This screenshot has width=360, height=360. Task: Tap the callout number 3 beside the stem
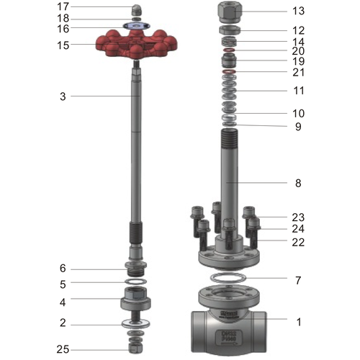click(x=63, y=96)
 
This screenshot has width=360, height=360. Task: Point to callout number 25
click(x=63, y=350)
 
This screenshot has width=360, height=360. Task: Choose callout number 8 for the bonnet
click(x=298, y=183)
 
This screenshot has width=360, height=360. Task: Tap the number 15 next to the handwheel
click(x=63, y=45)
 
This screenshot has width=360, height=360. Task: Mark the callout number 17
click(x=63, y=6)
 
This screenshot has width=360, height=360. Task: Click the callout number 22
click(x=298, y=243)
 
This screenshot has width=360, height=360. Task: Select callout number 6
click(x=63, y=269)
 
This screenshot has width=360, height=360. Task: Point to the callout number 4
click(x=63, y=302)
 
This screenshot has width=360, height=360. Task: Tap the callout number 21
click(x=298, y=72)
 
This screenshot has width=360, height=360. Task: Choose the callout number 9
click(x=298, y=127)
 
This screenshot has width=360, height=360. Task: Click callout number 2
click(x=63, y=323)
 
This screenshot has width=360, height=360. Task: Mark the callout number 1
click(x=298, y=323)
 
